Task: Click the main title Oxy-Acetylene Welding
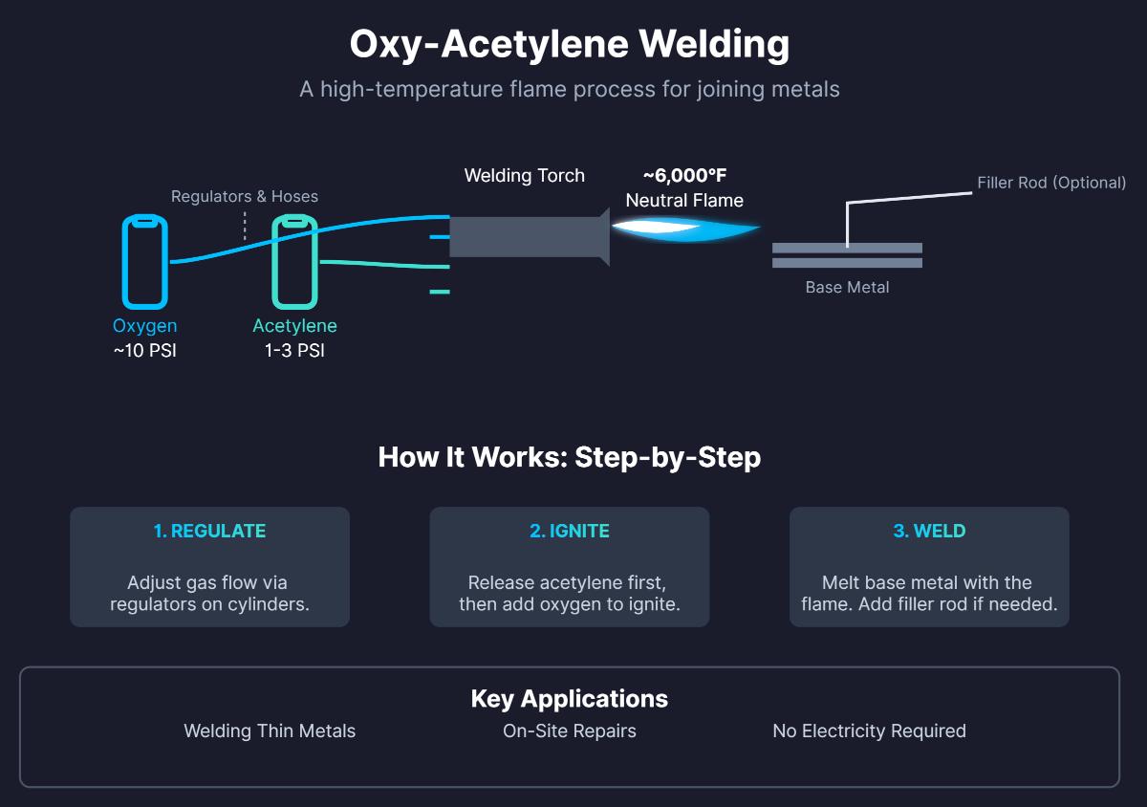tap(570, 44)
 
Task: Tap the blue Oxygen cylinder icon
tap(144, 262)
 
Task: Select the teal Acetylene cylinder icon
tap(294, 262)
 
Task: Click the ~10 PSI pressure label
tap(144, 351)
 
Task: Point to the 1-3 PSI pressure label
tap(294, 351)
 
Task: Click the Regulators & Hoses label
tap(245, 196)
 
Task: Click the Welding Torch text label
tap(524, 176)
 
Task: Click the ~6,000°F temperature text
tap(684, 176)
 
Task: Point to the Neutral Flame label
tap(684, 201)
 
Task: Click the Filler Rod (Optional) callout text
tap(1051, 183)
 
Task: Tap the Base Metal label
tap(847, 287)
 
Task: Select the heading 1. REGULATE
tap(209, 531)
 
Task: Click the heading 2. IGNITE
tap(570, 531)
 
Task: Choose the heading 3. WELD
tap(929, 531)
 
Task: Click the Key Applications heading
tap(570, 699)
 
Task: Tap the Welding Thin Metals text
tap(270, 731)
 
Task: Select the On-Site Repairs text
tap(570, 731)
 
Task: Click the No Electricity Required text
tap(869, 731)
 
